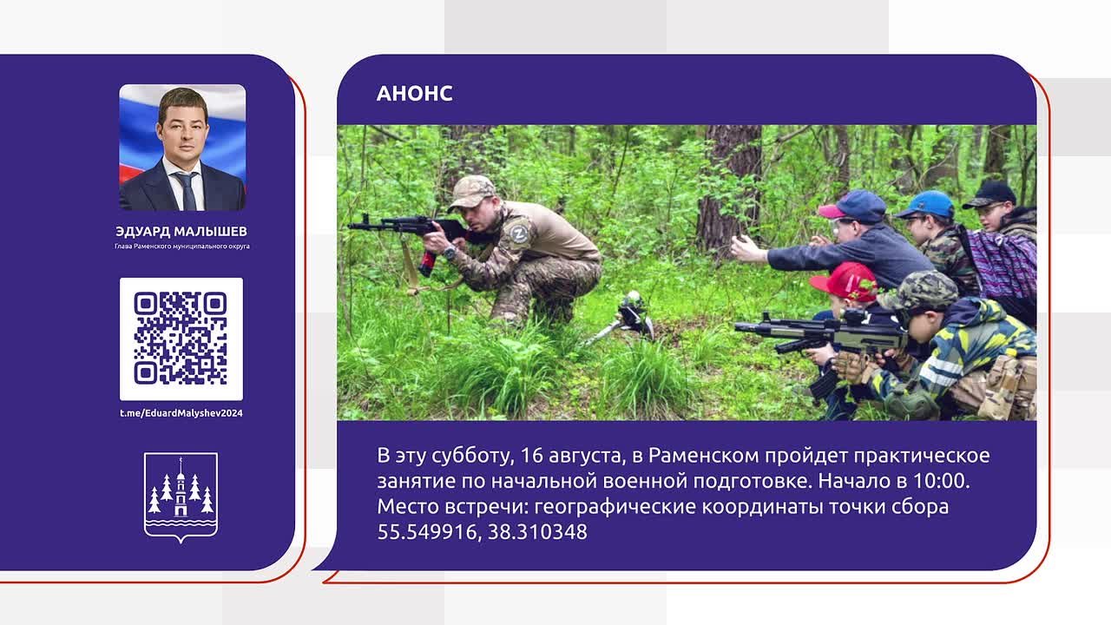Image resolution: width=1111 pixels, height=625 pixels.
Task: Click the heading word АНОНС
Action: [414, 93]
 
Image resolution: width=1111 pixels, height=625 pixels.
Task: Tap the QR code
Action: [181, 339]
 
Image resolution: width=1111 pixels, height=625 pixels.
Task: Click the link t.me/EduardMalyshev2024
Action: [181, 413]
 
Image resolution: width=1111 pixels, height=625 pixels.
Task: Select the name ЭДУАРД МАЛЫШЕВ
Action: [181, 232]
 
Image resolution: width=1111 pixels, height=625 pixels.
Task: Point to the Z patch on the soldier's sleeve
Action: [519, 234]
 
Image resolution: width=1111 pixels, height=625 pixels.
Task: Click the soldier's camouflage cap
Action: [470, 191]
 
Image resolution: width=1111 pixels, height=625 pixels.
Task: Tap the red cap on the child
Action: [845, 280]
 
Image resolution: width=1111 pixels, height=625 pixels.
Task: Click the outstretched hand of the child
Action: [748, 249]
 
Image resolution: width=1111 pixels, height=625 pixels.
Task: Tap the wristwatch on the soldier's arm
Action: [450, 253]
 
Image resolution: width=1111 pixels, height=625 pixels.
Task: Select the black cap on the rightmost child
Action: [989, 194]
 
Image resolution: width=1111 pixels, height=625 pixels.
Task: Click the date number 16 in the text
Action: [531, 456]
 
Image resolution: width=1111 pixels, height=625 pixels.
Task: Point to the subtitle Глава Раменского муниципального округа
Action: [182, 247]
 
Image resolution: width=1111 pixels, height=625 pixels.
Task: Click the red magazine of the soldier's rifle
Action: [428, 263]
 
